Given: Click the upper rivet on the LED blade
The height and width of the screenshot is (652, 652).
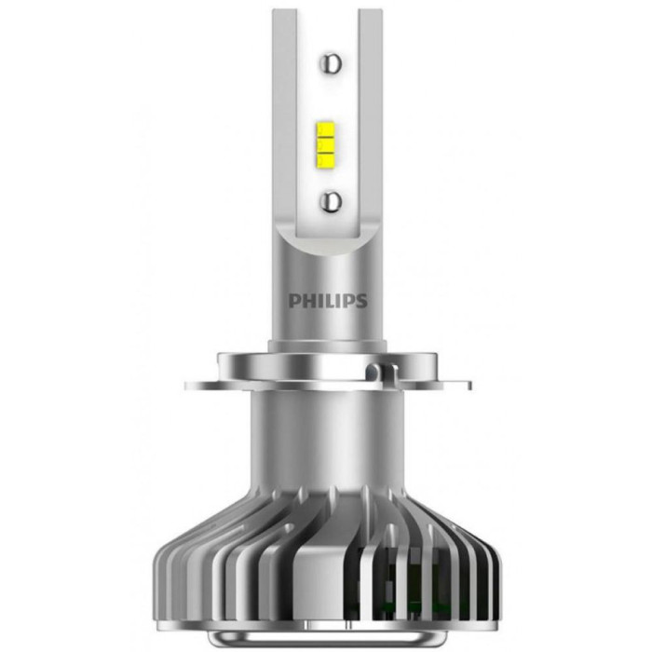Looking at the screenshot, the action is coord(331,63).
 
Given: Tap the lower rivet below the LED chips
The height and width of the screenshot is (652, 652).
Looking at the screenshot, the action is coord(331,201).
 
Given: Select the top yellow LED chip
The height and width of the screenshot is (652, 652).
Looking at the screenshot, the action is coord(326,129).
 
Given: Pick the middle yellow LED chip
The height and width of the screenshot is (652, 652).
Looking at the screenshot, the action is coord(326,144).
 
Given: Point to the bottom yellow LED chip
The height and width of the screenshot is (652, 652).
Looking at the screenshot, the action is coord(326,159).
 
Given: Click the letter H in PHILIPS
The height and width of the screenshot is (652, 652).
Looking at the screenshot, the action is coord(306,301).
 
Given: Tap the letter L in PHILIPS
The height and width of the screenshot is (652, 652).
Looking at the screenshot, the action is coord(324,301).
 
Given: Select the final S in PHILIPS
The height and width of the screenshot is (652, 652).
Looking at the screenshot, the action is coord(361,301).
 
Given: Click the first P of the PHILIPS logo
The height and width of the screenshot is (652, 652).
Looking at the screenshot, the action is coord(294,301).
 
